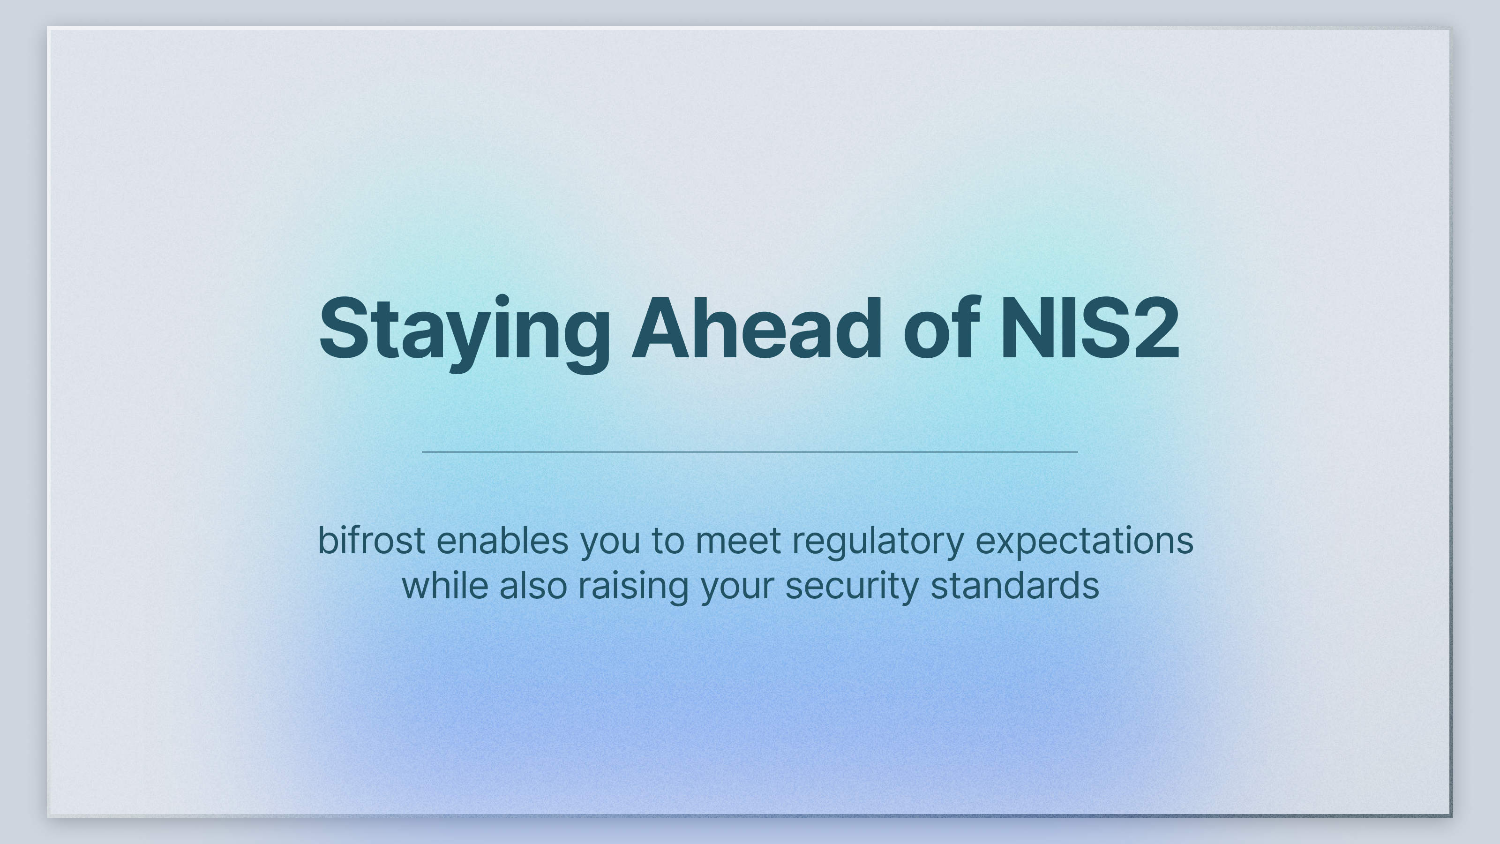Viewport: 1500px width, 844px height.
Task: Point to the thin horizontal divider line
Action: pyautogui.click(x=750, y=452)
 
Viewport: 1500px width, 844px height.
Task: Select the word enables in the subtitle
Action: pyautogui.click(x=502, y=541)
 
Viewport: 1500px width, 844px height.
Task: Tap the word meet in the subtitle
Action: pyautogui.click(x=738, y=541)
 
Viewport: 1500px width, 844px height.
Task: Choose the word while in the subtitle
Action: pyautogui.click(x=445, y=585)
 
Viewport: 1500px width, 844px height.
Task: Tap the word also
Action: pyautogui.click(x=533, y=585)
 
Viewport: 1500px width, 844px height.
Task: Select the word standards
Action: pyautogui.click(x=1015, y=585)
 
